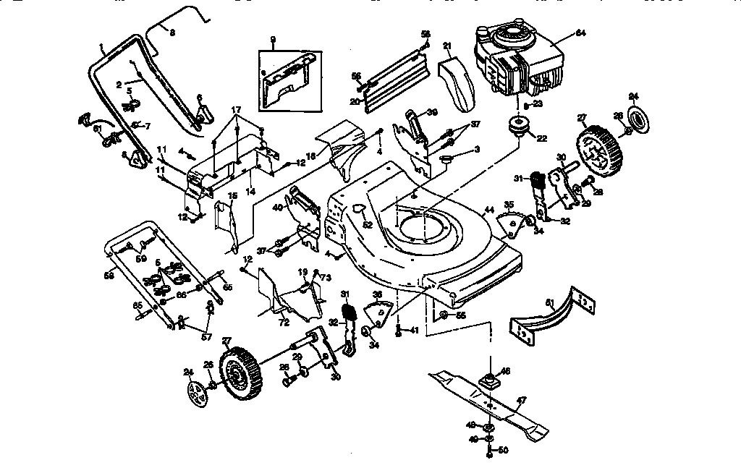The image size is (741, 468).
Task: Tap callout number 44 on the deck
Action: (490, 210)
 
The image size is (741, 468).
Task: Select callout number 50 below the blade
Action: (503, 450)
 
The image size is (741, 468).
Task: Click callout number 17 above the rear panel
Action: (236, 110)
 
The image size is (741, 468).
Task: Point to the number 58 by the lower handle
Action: (109, 275)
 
